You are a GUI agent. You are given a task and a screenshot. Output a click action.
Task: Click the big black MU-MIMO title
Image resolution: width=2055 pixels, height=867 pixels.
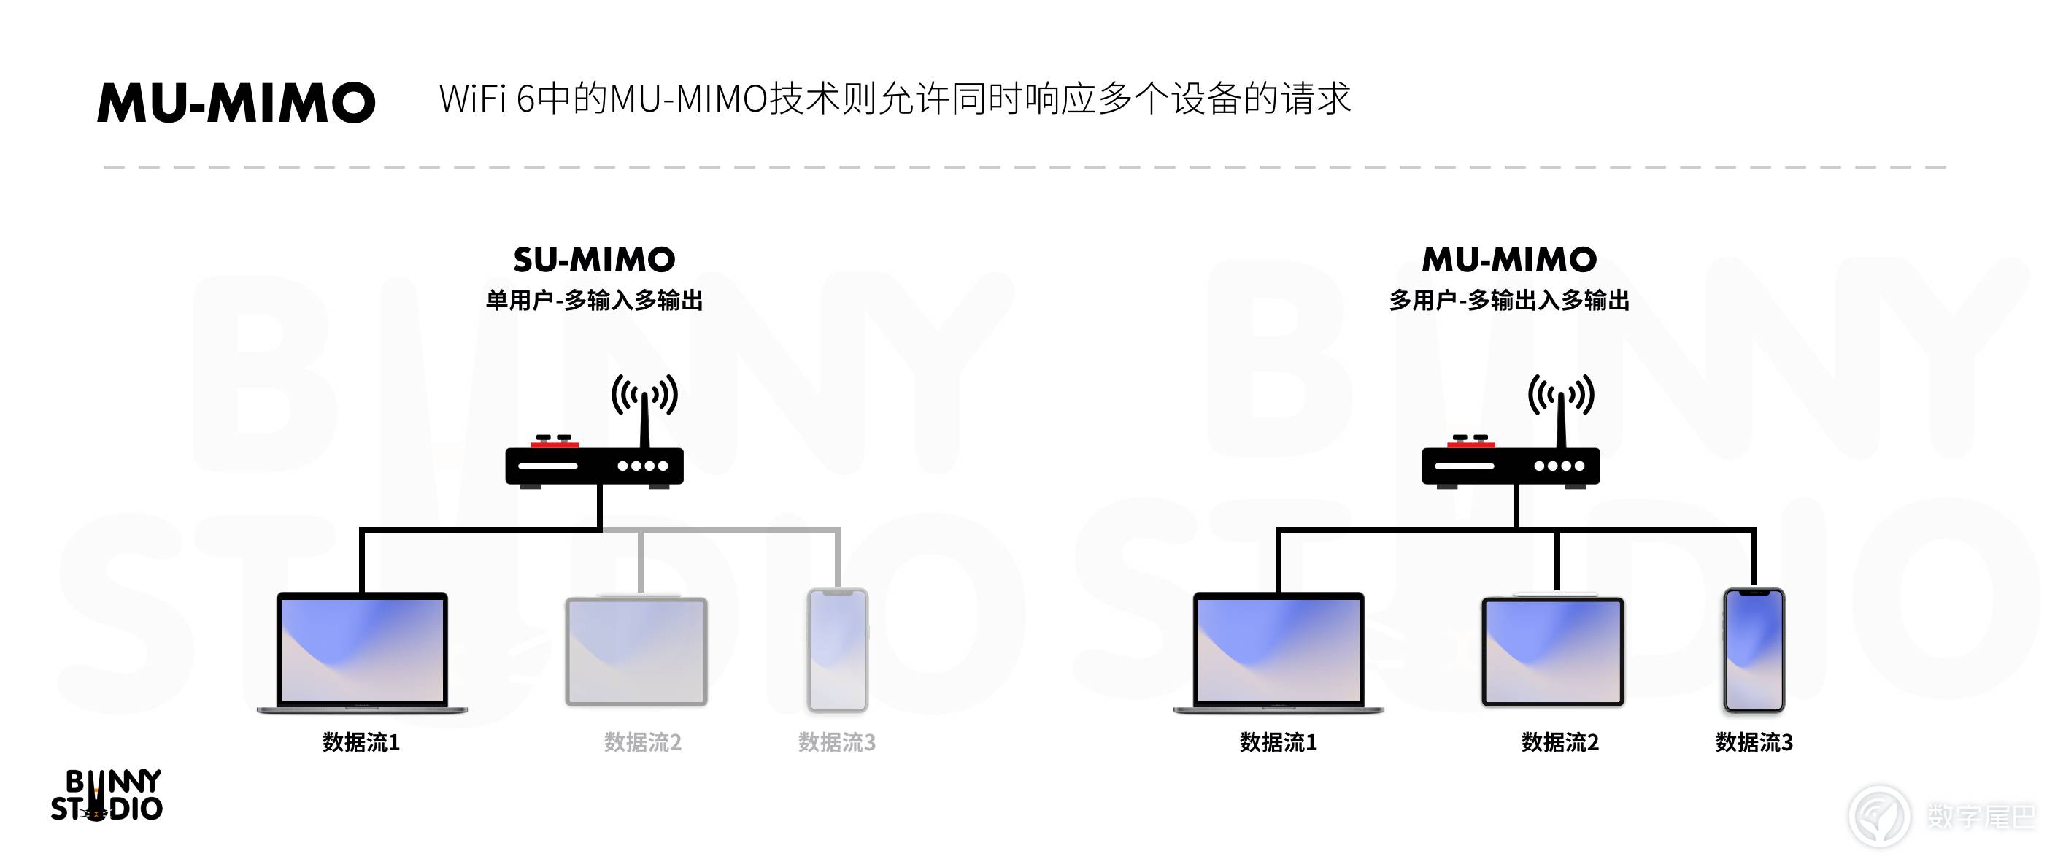coord(236,103)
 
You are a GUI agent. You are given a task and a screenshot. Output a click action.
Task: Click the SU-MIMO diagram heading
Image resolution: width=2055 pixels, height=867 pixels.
coord(594,260)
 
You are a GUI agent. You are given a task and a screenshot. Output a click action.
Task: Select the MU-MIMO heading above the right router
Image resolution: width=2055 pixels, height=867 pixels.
coord(1509,260)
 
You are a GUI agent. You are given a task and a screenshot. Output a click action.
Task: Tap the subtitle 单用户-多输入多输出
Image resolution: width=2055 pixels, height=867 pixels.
coord(594,301)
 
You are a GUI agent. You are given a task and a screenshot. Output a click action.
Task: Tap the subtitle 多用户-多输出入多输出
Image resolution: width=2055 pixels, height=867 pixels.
coord(1509,301)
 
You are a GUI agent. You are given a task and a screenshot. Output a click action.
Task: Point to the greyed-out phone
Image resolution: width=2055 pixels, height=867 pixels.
coord(838,650)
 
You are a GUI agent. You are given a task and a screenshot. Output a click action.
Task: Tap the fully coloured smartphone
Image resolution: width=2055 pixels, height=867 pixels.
coord(1754,650)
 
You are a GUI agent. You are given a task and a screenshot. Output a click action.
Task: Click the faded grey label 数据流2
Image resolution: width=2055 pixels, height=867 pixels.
coord(643,743)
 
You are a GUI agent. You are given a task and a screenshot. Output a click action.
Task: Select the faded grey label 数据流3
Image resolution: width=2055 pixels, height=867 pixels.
coord(837,743)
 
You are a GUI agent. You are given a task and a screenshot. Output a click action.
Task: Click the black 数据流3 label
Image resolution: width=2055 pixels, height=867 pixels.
coord(1754,743)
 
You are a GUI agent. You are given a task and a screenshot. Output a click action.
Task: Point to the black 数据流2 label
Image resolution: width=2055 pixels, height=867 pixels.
coord(1560,743)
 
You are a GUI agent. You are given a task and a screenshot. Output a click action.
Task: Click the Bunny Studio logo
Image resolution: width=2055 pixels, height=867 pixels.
coord(107,796)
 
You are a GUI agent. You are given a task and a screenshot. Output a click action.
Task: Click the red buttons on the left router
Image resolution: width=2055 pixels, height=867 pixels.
coord(555,442)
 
